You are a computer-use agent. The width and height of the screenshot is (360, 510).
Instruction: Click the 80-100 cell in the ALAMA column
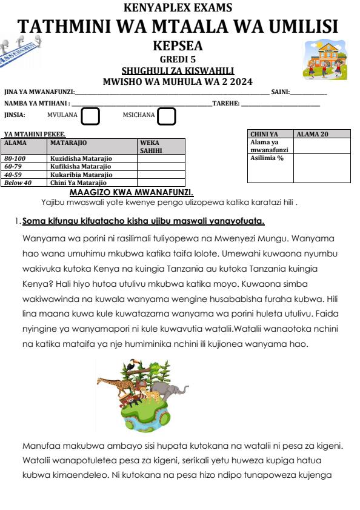16,158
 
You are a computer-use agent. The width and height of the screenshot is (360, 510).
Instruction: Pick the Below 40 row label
18,182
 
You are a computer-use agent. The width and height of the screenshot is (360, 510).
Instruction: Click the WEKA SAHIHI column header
152,146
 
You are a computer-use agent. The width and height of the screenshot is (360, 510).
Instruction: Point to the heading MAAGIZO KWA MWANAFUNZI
132,192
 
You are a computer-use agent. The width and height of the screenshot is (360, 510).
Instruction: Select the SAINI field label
280,92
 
